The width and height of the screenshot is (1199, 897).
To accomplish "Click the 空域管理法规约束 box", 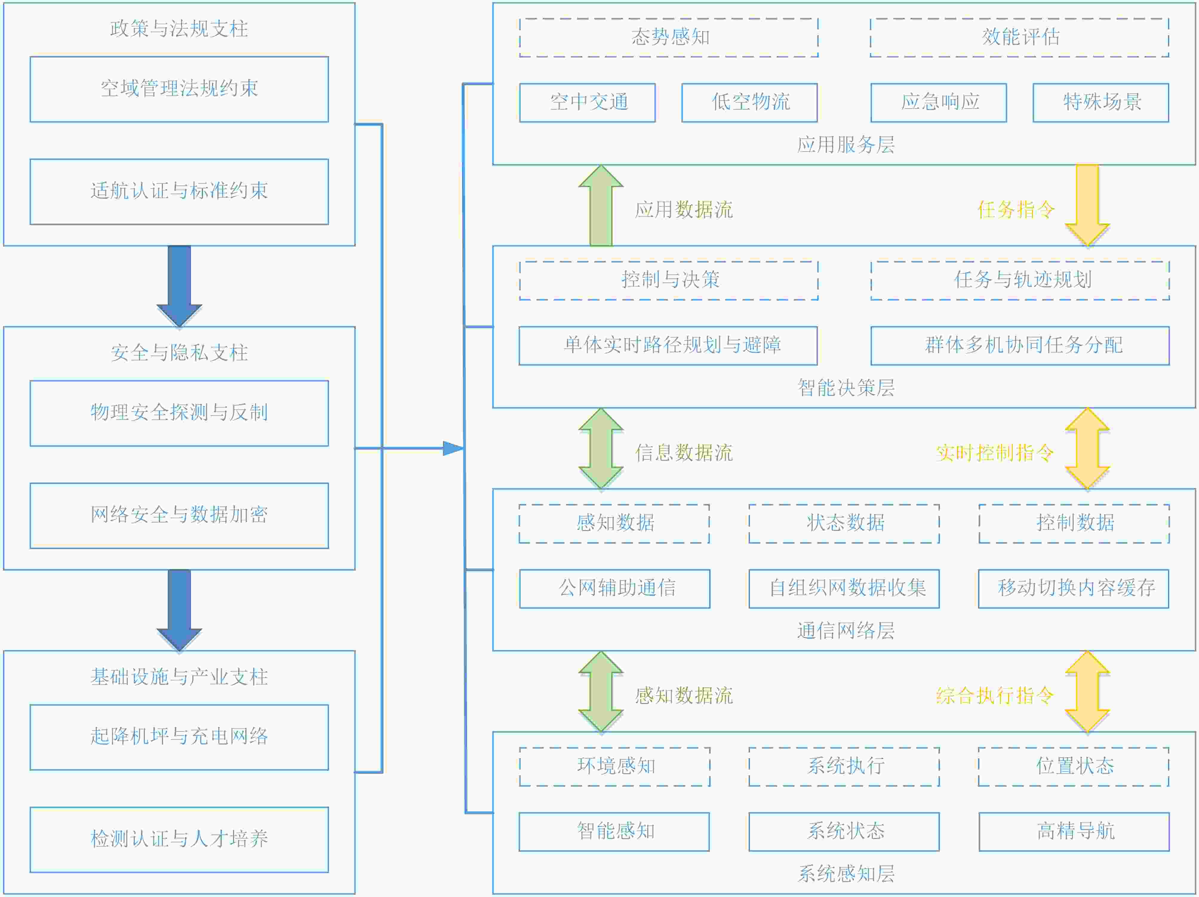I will tap(179, 89).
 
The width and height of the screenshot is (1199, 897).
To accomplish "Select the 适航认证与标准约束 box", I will tap(179, 191).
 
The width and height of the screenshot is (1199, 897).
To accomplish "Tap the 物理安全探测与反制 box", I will tap(179, 413).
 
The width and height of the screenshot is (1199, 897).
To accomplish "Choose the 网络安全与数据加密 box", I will tap(179, 515).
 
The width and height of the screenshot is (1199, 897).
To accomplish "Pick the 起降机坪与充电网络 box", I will tap(179, 737).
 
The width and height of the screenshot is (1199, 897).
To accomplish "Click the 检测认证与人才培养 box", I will tap(179, 839).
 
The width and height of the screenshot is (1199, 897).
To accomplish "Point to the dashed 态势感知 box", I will tap(668, 37).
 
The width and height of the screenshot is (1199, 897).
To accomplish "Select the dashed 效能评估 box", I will tap(1019, 37).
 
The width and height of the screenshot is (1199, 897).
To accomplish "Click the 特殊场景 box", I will tap(1100, 102).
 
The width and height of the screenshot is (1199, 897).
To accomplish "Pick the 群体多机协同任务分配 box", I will tap(1020, 345).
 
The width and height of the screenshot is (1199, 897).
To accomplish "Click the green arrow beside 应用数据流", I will tap(601, 206).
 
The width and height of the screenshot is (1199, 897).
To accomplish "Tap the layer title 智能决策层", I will tap(846, 388).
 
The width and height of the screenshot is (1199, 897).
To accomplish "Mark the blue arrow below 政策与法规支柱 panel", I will tap(179, 285).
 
